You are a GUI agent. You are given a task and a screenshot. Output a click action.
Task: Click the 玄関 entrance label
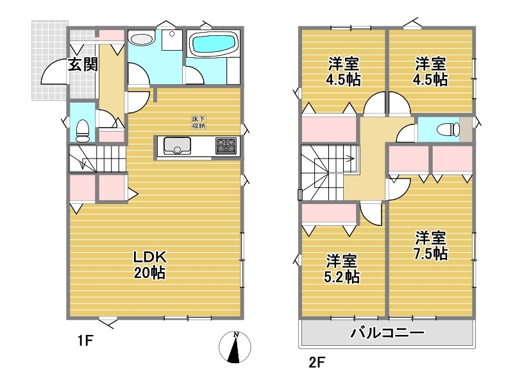[x=83, y=65]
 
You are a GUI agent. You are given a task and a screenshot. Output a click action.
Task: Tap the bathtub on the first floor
[x=214, y=44]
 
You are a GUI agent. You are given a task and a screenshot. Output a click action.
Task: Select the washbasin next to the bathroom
[x=142, y=38]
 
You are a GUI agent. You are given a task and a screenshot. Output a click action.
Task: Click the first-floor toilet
[x=82, y=131]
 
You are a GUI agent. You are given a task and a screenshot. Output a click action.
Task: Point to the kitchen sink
[x=177, y=146]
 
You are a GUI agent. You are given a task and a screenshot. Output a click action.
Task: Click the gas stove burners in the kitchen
[x=226, y=146]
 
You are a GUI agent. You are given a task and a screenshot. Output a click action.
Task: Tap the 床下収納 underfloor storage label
[x=198, y=122]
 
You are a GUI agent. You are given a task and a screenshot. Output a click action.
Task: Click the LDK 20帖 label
[x=150, y=265]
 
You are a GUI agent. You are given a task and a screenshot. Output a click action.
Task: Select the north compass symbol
[x=235, y=347]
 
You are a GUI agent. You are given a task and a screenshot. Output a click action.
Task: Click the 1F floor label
[x=86, y=341]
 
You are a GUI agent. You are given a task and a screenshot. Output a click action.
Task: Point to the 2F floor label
[x=317, y=363]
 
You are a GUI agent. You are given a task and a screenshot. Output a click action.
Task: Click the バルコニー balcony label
[x=387, y=333]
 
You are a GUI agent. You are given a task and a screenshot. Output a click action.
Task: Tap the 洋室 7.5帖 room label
[x=430, y=246]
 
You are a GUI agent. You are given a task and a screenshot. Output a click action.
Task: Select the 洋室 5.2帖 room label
[x=342, y=269]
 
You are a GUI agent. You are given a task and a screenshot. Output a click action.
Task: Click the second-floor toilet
[x=448, y=129]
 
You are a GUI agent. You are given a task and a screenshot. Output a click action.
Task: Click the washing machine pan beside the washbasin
[x=172, y=40]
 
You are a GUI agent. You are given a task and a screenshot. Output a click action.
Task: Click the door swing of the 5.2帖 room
[x=371, y=214]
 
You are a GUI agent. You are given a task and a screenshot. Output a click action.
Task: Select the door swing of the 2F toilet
[x=405, y=133]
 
